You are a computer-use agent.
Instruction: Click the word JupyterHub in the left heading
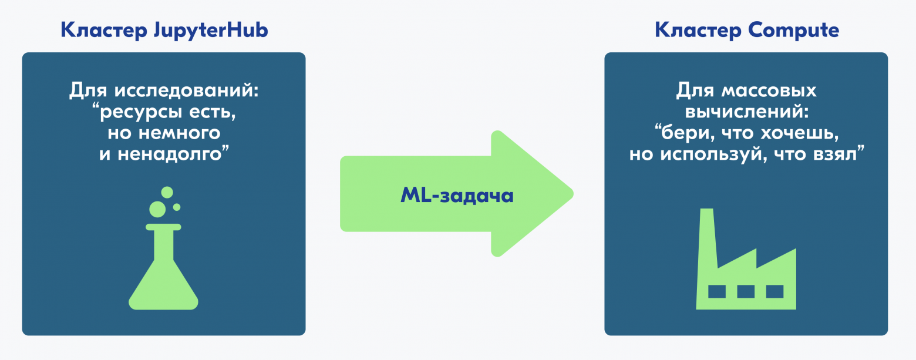pyautogui.click(x=211, y=31)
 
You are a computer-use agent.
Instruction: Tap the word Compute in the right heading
pyautogui.click(x=794, y=31)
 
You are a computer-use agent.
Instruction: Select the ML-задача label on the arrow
pyautogui.click(x=457, y=195)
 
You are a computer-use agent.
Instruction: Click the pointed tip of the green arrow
pyautogui.click(x=572, y=194)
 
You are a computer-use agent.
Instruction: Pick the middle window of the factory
pyautogui.click(x=746, y=292)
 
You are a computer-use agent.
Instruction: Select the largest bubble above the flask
pyautogui.click(x=157, y=210)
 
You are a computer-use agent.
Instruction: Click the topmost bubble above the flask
pyautogui.click(x=167, y=192)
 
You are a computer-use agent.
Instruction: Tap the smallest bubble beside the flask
pyautogui.click(x=177, y=207)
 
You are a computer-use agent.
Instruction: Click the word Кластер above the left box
pyautogui.click(x=104, y=31)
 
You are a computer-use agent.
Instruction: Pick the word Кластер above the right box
pyautogui.click(x=698, y=31)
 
